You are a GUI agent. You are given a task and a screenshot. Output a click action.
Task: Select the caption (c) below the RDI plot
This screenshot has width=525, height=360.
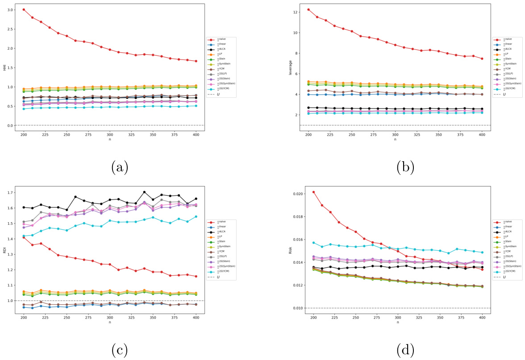click(x=119, y=351)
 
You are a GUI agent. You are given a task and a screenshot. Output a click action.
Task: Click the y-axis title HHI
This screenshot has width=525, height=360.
click(x=5, y=67)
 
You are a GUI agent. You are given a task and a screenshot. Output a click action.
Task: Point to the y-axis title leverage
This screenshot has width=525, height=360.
click(x=291, y=67)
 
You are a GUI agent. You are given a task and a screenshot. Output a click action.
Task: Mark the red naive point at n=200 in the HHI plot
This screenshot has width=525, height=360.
click(x=24, y=9)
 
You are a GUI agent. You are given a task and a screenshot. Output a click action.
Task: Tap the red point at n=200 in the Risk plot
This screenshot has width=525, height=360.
click(x=314, y=192)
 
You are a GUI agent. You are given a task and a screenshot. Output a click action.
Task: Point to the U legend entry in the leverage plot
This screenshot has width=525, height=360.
click(x=507, y=95)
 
